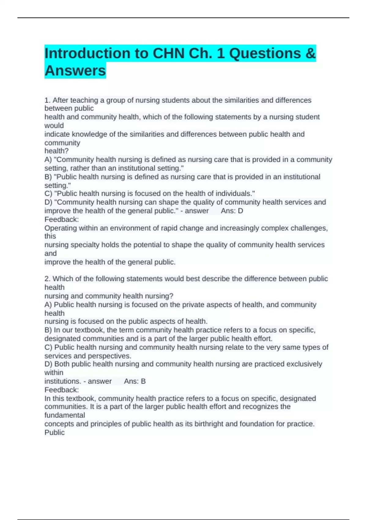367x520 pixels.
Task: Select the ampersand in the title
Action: [x=310, y=54]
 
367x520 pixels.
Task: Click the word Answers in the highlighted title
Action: [x=75, y=71]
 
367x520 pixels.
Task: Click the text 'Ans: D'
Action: [x=232, y=211]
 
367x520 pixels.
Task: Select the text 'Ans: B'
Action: [x=135, y=381]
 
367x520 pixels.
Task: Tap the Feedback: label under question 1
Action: [x=61, y=220]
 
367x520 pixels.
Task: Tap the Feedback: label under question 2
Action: [x=61, y=390]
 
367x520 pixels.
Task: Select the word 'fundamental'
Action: [x=65, y=415]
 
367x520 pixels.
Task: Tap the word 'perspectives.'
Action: [x=109, y=356]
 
